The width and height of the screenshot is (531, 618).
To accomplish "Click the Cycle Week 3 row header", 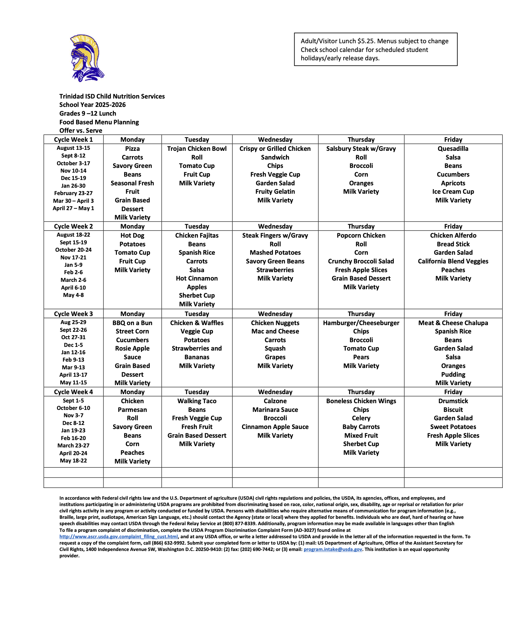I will point(73,314).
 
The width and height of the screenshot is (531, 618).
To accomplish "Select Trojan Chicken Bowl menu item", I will point(197,149).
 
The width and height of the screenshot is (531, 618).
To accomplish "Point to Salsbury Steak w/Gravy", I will point(361,149).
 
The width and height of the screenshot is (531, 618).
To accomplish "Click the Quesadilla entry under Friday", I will point(453,149).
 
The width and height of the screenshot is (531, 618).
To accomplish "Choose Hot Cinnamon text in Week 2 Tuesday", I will point(197,279).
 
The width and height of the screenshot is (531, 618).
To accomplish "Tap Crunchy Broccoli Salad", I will point(361,261).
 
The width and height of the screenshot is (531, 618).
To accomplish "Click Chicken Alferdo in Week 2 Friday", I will point(453,236).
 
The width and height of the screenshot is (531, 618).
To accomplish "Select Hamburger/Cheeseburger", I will point(361,323).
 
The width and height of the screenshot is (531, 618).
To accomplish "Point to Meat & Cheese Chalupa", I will point(453,323).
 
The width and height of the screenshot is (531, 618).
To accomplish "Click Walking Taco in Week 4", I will point(197,401).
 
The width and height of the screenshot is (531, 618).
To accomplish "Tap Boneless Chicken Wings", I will point(361,401).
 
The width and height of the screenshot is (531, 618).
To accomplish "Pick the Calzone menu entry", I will point(275,401).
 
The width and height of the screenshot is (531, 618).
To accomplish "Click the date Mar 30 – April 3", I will point(73,201).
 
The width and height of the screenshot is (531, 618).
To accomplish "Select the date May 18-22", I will point(73,461).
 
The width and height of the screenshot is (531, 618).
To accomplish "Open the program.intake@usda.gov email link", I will point(333,549).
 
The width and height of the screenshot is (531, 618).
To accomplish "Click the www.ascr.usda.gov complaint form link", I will point(119,537).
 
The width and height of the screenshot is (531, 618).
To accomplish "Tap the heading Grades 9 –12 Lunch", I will point(88,114).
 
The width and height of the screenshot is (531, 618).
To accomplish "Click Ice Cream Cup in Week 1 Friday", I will point(453,192).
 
